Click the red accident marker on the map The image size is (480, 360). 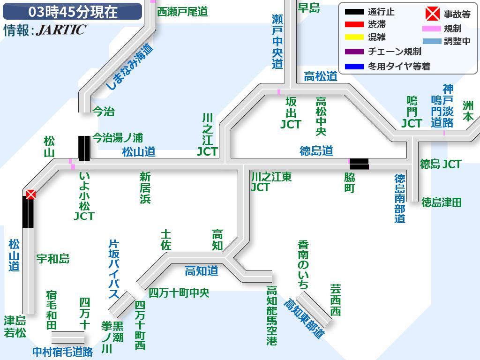coord(31,194)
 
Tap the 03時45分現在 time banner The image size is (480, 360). coord(72,12)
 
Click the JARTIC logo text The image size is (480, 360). coord(61,30)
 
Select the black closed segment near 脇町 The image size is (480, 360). coord(359,164)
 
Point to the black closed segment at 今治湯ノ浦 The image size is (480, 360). coord(84,148)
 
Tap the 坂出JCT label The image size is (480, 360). coord(291,112)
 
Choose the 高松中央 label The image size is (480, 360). coord(321,116)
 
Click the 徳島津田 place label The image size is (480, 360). coord(442,202)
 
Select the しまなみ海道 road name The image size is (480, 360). coord(129,67)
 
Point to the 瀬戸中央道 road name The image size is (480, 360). coord(277,41)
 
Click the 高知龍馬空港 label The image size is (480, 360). coord(272,316)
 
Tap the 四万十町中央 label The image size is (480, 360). coord(179,293)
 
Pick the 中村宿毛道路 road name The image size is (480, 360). coord(63,352)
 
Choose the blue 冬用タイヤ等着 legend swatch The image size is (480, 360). coord(354,67)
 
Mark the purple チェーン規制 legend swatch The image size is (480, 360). coord(354,52)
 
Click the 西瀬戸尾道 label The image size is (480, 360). coord(182,12)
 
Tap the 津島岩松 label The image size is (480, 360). coord(15,327)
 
